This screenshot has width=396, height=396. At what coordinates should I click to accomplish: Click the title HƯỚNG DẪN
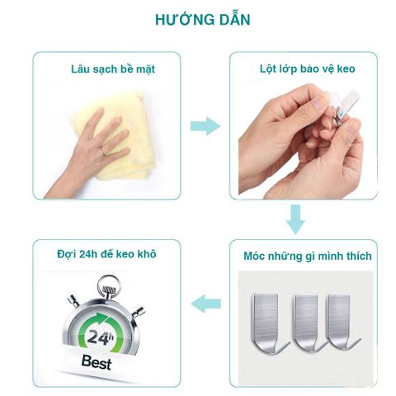pyautogui.click(x=198, y=17)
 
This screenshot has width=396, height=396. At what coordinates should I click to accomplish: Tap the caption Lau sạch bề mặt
pyautogui.click(x=108, y=68)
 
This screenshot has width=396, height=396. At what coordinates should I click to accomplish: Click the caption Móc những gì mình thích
pyautogui.click(x=304, y=256)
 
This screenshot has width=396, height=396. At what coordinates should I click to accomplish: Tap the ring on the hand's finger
pyautogui.click(x=104, y=153)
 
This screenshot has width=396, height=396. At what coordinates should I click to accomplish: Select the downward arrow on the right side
pyautogui.click(x=296, y=219)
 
